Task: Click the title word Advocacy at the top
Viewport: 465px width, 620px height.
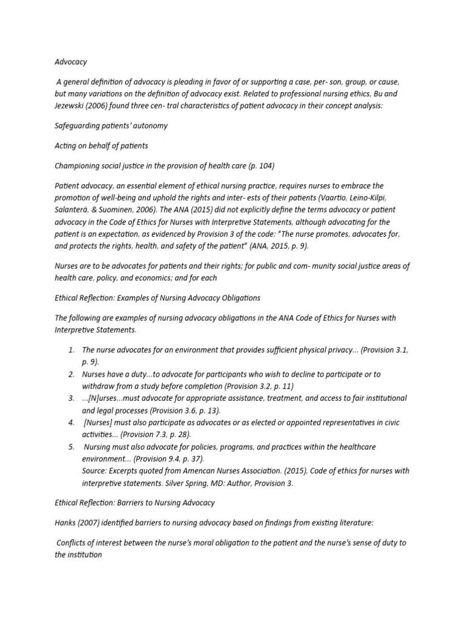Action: click(x=71, y=62)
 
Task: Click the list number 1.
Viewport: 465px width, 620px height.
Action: click(x=71, y=350)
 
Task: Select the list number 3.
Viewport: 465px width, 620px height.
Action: click(x=71, y=398)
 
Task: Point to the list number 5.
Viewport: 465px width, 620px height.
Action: click(x=71, y=446)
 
